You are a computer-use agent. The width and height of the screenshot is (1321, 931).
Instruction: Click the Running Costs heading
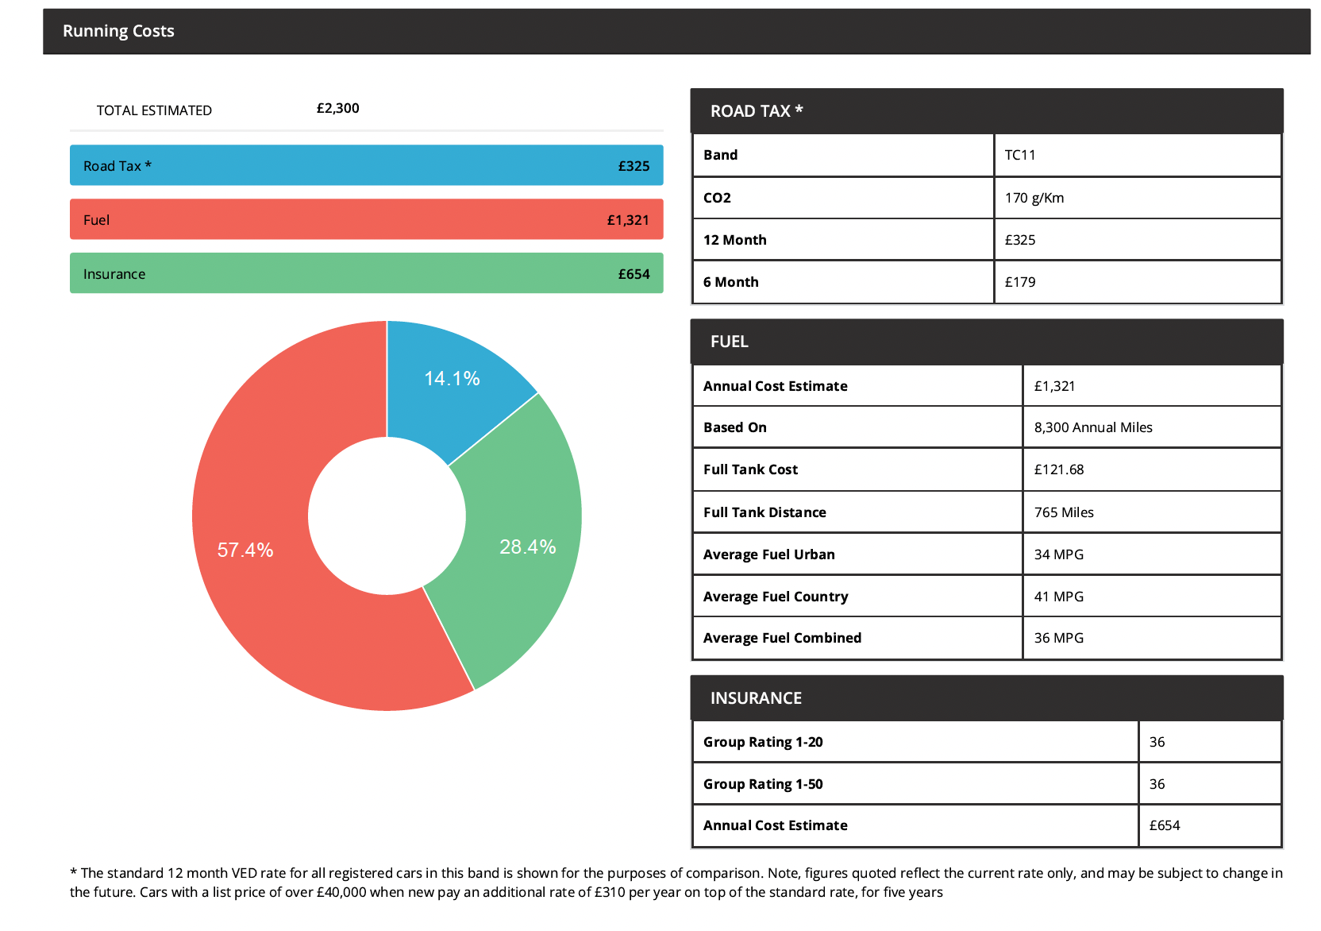click(x=118, y=31)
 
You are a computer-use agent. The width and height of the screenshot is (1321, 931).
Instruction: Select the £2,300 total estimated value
click(x=337, y=108)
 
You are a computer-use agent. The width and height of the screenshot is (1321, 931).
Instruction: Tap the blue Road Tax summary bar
click(x=366, y=165)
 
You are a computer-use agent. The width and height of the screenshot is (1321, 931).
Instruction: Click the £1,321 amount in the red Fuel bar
click(x=628, y=220)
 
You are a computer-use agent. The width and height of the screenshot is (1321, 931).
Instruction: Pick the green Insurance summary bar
click(x=366, y=273)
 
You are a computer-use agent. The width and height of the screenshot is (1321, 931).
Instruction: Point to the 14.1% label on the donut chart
click(x=452, y=379)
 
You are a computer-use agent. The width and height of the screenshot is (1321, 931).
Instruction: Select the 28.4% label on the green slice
click(x=527, y=547)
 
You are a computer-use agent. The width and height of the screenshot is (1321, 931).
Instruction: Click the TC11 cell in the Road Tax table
click(x=1020, y=155)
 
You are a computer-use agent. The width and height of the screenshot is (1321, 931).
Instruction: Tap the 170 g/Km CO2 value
click(x=1034, y=198)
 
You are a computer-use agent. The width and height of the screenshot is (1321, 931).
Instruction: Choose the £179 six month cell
click(x=1020, y=282)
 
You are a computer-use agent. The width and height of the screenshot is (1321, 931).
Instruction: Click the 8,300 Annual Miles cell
click(x=1093, y=427)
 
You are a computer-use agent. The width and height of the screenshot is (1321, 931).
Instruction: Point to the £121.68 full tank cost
click(x=1059, y=469)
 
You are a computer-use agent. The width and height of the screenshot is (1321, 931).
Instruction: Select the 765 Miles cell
click(x=1064, y=512)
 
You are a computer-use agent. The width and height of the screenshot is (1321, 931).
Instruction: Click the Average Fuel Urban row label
click(x=768, y=554)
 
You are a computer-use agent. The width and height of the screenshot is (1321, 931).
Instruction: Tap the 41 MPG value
click(x=1059, y=597)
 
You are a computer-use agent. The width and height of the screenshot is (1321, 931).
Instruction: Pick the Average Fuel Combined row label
click(x=782, y=638)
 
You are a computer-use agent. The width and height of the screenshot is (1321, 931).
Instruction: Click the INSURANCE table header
click(x=756, y=698)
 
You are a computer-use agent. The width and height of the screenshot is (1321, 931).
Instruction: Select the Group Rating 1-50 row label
click(x=763, y=784)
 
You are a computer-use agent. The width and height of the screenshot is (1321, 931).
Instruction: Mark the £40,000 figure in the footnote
click(x=341, y=892)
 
